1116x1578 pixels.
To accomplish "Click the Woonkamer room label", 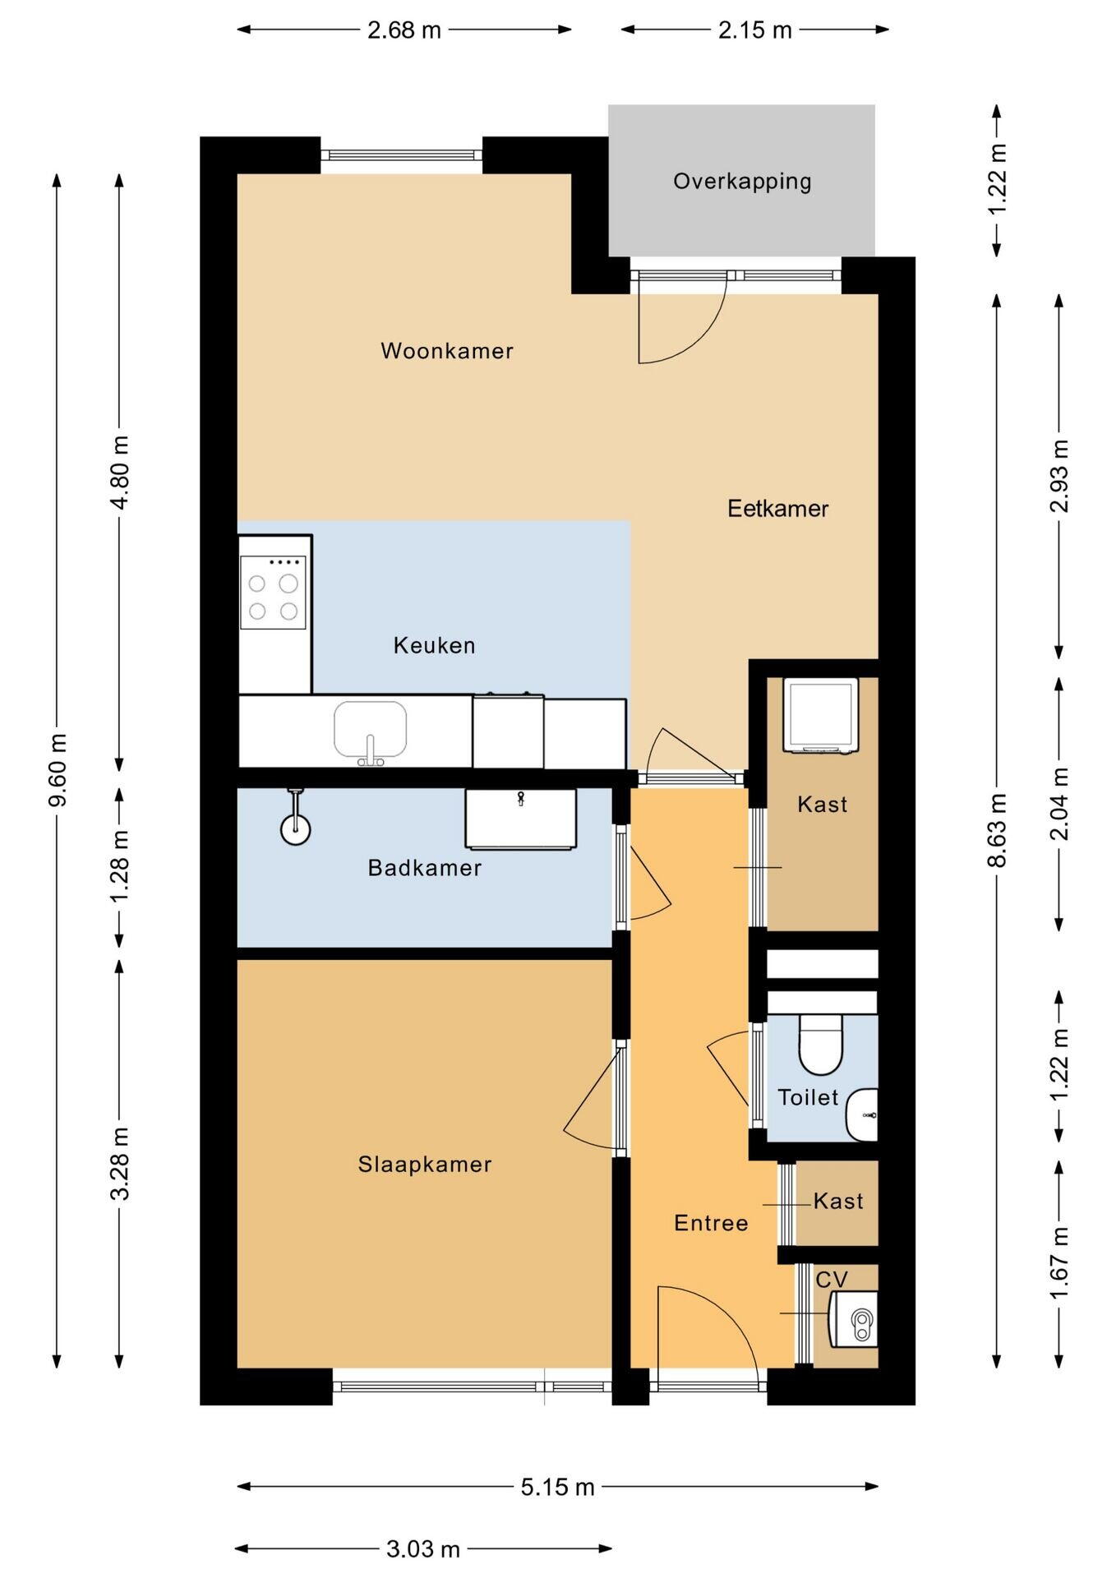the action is pos(447,351).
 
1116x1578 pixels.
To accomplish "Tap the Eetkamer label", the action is pos(777,508).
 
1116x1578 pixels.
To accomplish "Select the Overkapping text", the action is pos(742,182).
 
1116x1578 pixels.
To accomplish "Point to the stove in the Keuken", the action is pos(273,592).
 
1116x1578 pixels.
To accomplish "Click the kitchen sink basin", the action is pos(370,729).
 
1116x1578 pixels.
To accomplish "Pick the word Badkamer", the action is pos(425,868).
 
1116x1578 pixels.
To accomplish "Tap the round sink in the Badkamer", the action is pos(296,829).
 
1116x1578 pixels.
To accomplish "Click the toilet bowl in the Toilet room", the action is pos(821,1045).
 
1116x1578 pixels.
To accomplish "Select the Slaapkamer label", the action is pos(425,1164).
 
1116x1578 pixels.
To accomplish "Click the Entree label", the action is pos(711,1223).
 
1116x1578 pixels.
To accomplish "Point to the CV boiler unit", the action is pos(854,1319).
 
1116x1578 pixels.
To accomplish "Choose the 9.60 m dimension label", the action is pos(58,770).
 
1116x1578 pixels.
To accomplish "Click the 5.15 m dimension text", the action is pos(557,1487).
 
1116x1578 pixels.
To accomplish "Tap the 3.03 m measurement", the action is pos(423,1549).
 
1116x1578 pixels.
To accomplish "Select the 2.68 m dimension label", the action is pos(404,30).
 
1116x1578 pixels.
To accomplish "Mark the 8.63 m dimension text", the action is pos(997,830).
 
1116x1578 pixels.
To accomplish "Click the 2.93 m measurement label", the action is pos(1059,476).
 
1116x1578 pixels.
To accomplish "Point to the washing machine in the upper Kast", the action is pos(820,714).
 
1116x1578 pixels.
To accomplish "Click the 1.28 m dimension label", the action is pos(120,865).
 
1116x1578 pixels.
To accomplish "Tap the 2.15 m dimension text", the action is pos(754,30).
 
